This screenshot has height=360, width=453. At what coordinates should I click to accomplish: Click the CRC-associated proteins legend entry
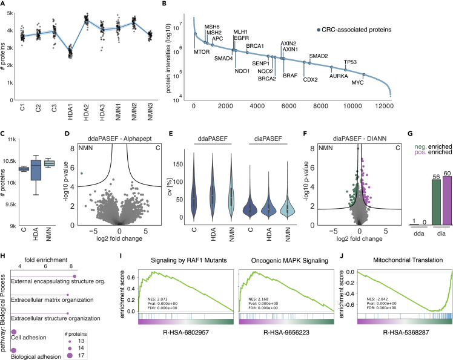358,29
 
